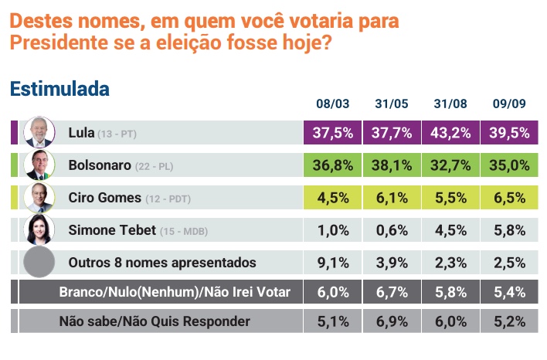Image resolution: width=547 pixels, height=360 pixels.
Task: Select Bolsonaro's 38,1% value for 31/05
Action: click(391, 165)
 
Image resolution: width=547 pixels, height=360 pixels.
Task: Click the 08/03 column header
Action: click(333, 104)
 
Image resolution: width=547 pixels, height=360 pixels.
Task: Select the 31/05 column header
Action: click(391, 104)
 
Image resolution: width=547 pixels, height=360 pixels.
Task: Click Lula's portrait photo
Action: click(38, 132)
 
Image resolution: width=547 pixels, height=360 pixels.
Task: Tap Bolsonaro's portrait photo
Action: click(38, 165)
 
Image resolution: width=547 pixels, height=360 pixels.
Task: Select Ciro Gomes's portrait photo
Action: click(38, 197)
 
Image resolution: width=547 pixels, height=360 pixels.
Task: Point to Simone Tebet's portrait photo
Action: click(38, 229)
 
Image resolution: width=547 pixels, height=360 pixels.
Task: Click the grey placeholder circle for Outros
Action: click(38, 263)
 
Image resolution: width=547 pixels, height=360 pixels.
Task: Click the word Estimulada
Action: click(59, 89)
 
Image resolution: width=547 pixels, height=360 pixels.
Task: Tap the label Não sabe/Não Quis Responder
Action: click(155, 321)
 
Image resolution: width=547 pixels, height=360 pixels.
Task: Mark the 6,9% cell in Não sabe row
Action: click(391, 321)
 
